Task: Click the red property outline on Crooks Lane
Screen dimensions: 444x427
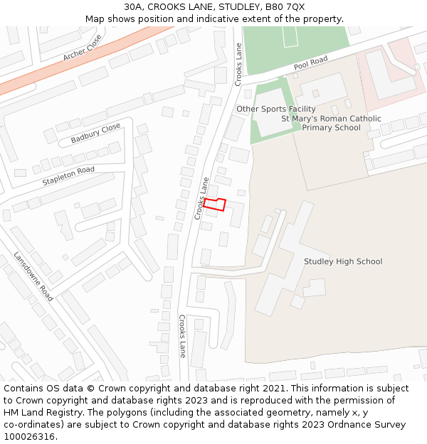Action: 215,205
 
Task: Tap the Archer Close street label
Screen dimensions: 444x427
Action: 83,47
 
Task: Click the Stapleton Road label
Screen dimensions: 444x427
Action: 68,176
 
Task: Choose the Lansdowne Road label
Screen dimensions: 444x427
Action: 33,276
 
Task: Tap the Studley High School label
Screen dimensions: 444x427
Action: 343,261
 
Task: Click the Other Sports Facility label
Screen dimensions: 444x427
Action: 275,109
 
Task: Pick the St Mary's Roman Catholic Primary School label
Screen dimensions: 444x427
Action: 331,124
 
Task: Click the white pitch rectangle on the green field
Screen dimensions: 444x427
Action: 290,36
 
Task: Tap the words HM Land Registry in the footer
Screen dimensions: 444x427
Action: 43,413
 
